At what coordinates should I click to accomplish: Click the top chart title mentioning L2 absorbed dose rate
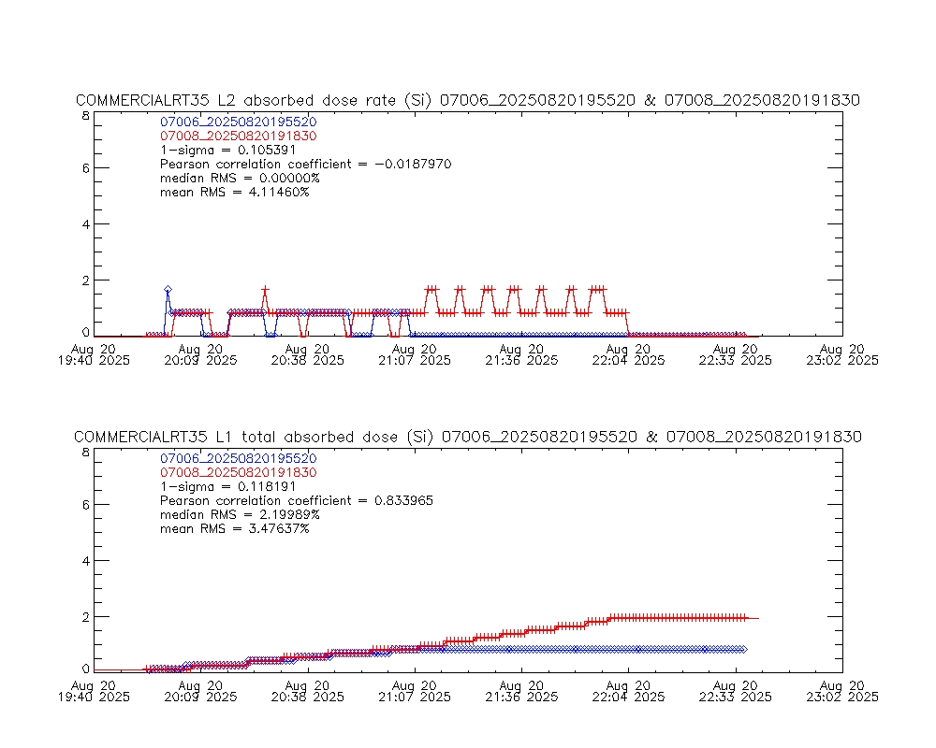pos(467,100)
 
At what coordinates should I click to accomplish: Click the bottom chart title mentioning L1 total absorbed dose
pos(467,437)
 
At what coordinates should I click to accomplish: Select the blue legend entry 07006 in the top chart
pos(239,122)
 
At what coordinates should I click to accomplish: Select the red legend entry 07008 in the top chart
pos(239,136)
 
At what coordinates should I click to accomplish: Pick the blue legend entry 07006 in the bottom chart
pos(239,458)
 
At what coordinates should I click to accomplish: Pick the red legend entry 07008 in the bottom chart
pos(239,472)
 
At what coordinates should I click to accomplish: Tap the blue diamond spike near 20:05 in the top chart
pos(168,290)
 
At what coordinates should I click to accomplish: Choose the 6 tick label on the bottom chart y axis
pos(85,505)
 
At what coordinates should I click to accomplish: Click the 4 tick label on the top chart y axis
pos(85,224)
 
